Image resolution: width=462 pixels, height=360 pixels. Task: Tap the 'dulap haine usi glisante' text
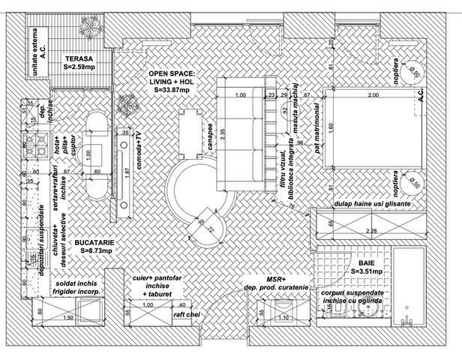pyautogui.click(x=375, y=204)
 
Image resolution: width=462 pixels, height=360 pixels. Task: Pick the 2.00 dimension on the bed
pyautogui.click(x=371, y=96)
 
